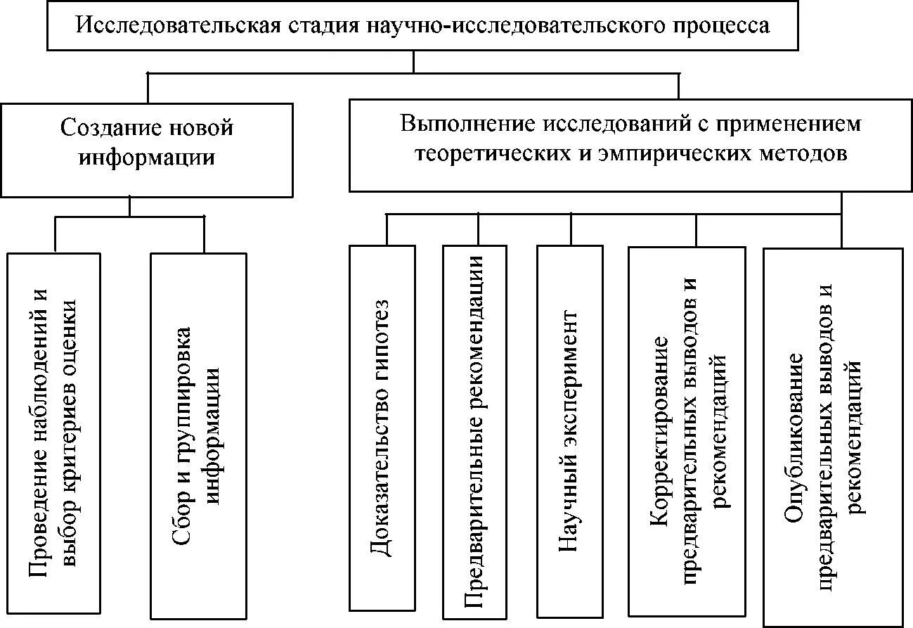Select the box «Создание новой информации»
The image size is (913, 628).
(146, 150)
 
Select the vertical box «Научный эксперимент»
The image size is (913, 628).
(569, 431)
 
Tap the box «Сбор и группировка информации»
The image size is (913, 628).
(198, 435)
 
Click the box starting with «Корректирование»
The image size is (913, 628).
(686, 430)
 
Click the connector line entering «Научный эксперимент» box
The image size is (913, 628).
(570, 229)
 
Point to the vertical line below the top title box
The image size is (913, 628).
(413, 61)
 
